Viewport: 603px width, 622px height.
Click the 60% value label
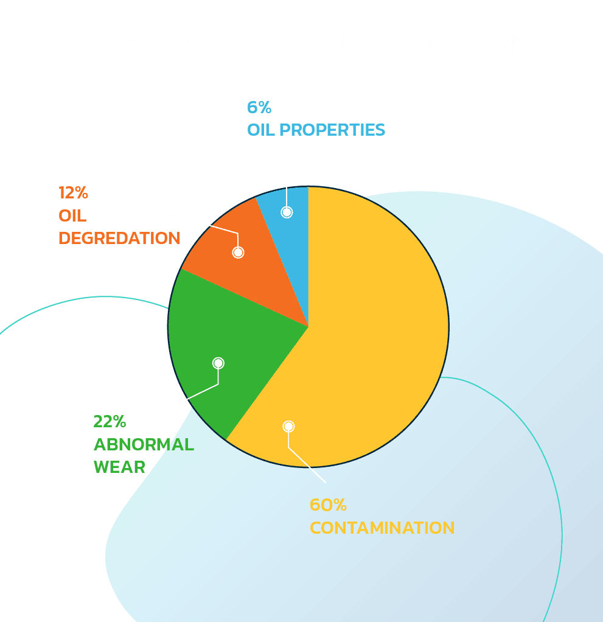(x=328, y=505)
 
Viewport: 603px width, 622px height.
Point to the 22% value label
(x=110, y=421)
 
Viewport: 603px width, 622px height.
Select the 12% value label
(x=74, y=193)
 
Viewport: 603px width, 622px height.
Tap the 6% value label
(x=259, y=108)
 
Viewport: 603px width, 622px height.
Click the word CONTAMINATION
(x=382, y=527)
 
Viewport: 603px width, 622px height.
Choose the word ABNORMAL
(x=144, y=444)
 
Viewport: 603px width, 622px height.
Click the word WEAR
(x=119, y=467)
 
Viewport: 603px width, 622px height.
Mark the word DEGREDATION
(x=119, y=238)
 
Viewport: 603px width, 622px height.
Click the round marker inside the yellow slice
(x=288, y=426)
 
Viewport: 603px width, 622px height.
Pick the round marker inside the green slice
(x=218, y=363)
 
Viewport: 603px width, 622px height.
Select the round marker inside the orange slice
(x=238, y=252)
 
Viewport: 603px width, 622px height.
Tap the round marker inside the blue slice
(x=287, y=212)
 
